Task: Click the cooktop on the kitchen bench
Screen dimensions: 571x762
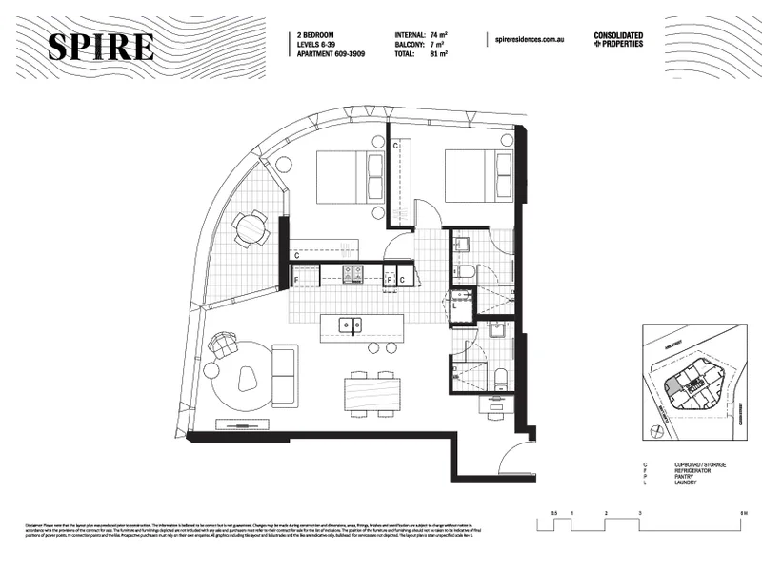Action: [x=353, y=276]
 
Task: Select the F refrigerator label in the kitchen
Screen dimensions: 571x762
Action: [x=297, y=281]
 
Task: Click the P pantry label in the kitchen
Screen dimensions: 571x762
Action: [x=390, y=279]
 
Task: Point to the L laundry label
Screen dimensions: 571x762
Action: [x=456, y=306]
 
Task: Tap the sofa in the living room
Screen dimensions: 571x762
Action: [x=284, y=373]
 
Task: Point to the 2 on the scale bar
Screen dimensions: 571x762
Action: [x=606, y=514]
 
